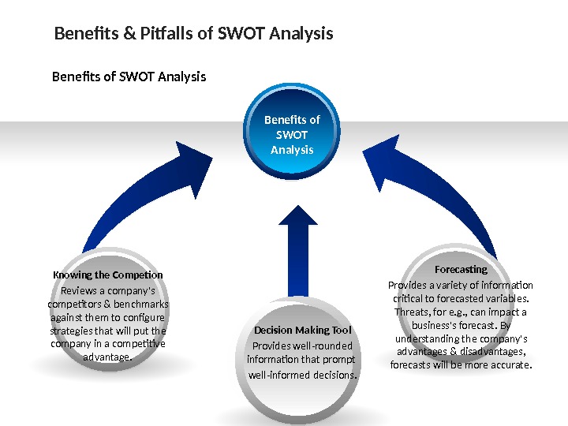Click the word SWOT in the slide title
[241, 35]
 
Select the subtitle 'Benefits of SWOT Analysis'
[129, 77]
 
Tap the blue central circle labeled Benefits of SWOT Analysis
[292, 135]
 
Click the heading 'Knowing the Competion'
[107, 275]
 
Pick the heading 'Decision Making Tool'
[303, 330]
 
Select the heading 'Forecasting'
[461, 270]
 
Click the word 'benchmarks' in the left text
[142, 305]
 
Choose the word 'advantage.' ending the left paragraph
[107, 357]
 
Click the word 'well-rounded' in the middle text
[325, 346]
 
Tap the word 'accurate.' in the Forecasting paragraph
[510, 365]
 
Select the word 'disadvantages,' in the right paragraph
[492, 352]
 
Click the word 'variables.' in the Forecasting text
[506, 299]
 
